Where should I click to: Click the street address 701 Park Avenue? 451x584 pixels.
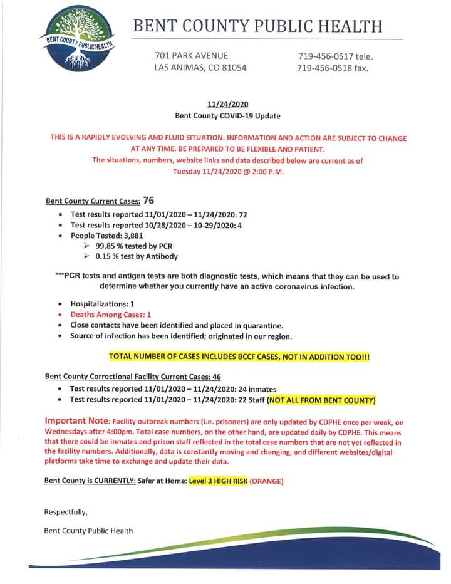click(x=191, y=56)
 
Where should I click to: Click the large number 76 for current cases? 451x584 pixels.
click(x=148, y=201)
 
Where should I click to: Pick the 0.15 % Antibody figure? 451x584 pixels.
click(x=109, y=256)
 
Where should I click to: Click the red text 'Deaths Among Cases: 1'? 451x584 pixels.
click(x=110, y=315)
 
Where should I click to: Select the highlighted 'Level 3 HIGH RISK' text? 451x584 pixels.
click(x=218, y=482)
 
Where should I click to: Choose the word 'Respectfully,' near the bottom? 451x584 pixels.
click(x=66, y=512)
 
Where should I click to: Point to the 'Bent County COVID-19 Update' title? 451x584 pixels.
click(x=227, y=116)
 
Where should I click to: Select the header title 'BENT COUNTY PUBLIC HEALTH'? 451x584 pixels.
click(x=257, y=26)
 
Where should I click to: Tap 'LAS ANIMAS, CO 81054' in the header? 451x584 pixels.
click(x=200, y=68)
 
